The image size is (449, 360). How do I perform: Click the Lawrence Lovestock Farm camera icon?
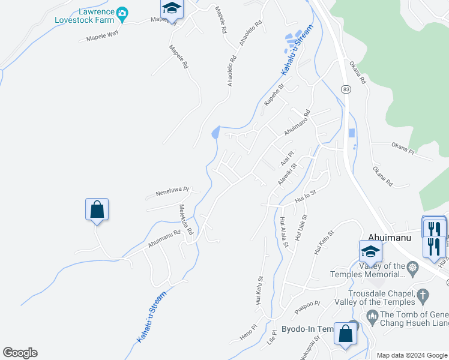pos(122,13)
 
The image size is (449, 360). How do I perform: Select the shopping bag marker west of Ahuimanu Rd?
pos(97,210)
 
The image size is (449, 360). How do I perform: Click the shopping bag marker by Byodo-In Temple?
pos(345,334)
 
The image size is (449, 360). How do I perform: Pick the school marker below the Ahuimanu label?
pos(370,252)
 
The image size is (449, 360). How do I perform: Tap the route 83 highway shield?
pos(345,89)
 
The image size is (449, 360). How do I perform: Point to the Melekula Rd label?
pos(185,220)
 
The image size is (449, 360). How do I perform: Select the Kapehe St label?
pos(274,95)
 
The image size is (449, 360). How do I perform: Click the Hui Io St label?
pos(306,196)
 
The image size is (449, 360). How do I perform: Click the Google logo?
pos(20,353)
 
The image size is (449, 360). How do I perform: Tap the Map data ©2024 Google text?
pos(411,355)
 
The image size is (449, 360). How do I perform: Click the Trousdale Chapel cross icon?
pos(423,295)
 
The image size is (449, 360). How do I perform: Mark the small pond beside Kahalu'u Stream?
pos(215,133)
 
